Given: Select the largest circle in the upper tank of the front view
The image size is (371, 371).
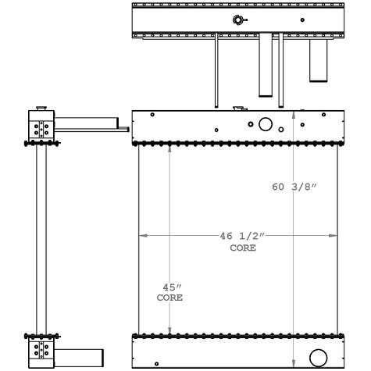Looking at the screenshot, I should (266, 124).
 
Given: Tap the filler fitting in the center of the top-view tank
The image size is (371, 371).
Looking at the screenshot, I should (239, 20).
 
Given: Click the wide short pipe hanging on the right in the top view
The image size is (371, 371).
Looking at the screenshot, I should (319, 59).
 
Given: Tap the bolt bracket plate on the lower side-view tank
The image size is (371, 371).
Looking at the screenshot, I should (43, 351).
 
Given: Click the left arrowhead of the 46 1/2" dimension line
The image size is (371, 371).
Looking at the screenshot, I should (142, 235).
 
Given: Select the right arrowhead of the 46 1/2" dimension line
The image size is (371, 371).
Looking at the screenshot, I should (335, 235).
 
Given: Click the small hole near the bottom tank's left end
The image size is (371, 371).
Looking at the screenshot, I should (156, 363).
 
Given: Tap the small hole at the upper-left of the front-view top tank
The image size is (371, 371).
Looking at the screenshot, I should (152, 115).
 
